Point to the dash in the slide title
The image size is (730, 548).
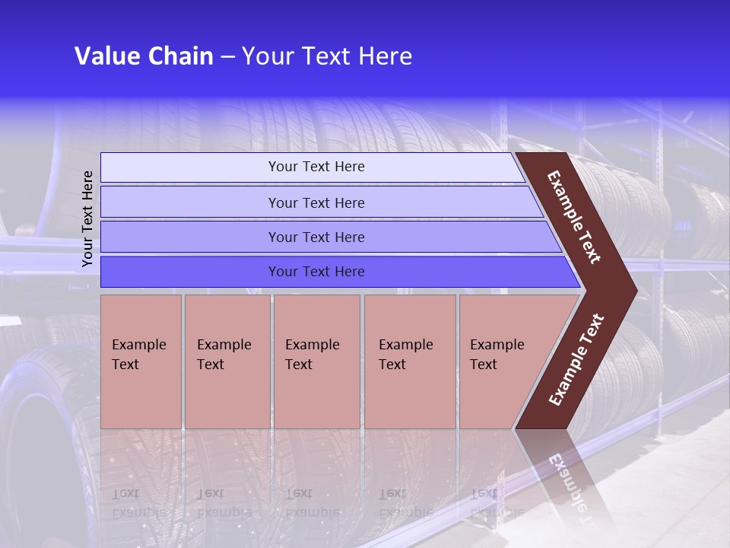[227, 57]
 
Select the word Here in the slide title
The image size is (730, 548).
[385, 56]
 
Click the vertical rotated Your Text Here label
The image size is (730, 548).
[87, 218]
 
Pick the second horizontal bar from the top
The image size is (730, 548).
[316, 202]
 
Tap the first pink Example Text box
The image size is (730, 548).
[141, 361]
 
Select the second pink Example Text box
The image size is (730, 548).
[227, 361]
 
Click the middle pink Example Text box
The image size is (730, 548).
[316, 361]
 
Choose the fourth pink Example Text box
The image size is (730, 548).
[410, 361]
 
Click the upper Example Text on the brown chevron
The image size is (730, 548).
[574, 218]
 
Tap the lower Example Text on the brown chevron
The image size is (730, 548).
[576, 359]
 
